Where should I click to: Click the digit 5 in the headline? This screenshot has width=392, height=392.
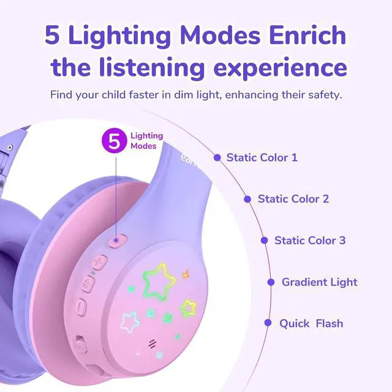click(53, 36)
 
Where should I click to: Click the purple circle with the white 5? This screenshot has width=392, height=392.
click(114, 141)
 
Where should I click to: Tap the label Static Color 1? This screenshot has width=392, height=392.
click(262, 157)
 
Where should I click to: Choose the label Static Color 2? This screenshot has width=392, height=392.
click(293, 198)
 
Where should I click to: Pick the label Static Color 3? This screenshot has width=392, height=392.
click(310, 240)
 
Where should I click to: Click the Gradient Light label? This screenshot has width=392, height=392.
click(319, 282)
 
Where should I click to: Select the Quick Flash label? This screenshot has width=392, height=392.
click(311, 323)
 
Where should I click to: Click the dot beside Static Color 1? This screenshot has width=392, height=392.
click(217, 157)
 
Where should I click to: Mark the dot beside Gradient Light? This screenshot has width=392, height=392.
click(271, 282)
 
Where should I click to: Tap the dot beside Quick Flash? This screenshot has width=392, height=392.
click(268, 323)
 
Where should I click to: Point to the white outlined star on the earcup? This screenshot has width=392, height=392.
click(130, 320)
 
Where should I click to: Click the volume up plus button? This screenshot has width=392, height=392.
click(99, 262)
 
